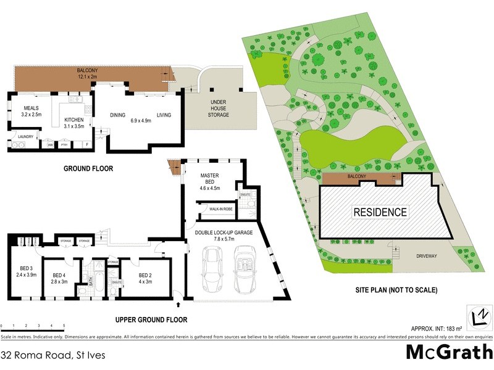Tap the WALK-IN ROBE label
221,210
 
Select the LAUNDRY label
25,137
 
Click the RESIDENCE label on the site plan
380,212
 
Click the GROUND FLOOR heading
90,168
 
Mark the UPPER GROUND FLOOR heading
151,319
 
